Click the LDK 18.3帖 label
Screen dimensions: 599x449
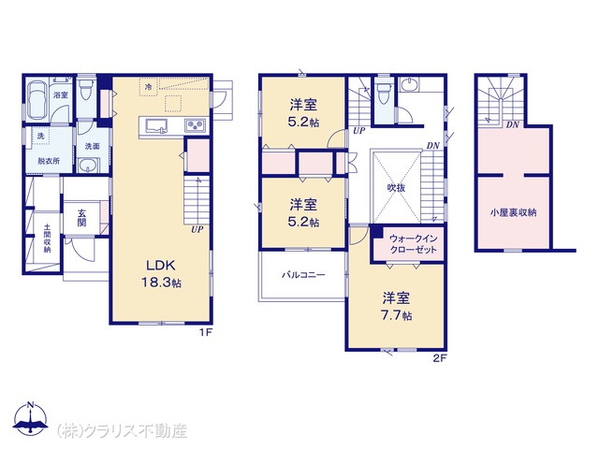[x=161, y=274]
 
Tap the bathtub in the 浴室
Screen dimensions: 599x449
[x=37, y=101]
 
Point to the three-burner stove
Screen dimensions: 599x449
[x=195, y=125]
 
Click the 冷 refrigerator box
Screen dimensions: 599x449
[x=149, y=87]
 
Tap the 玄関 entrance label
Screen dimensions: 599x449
[x=81, y=218]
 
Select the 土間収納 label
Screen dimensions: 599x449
[x=47, y=239]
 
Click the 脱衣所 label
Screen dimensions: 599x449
[x=49, y=161]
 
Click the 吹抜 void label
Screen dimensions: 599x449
[x=396, y=188]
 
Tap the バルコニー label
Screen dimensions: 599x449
[x=303, y=274]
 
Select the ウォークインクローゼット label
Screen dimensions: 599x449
[x=413, y=244]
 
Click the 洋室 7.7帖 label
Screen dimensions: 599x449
[x=397, y=306]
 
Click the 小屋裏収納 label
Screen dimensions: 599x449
[x=513, y=212]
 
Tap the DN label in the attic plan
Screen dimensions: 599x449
[x=512, y=124]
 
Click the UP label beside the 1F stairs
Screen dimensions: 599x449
[x=197, y=229]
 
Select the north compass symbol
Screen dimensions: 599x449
[x=31, y=418]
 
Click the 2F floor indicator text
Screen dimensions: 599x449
[x=440, y=358]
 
